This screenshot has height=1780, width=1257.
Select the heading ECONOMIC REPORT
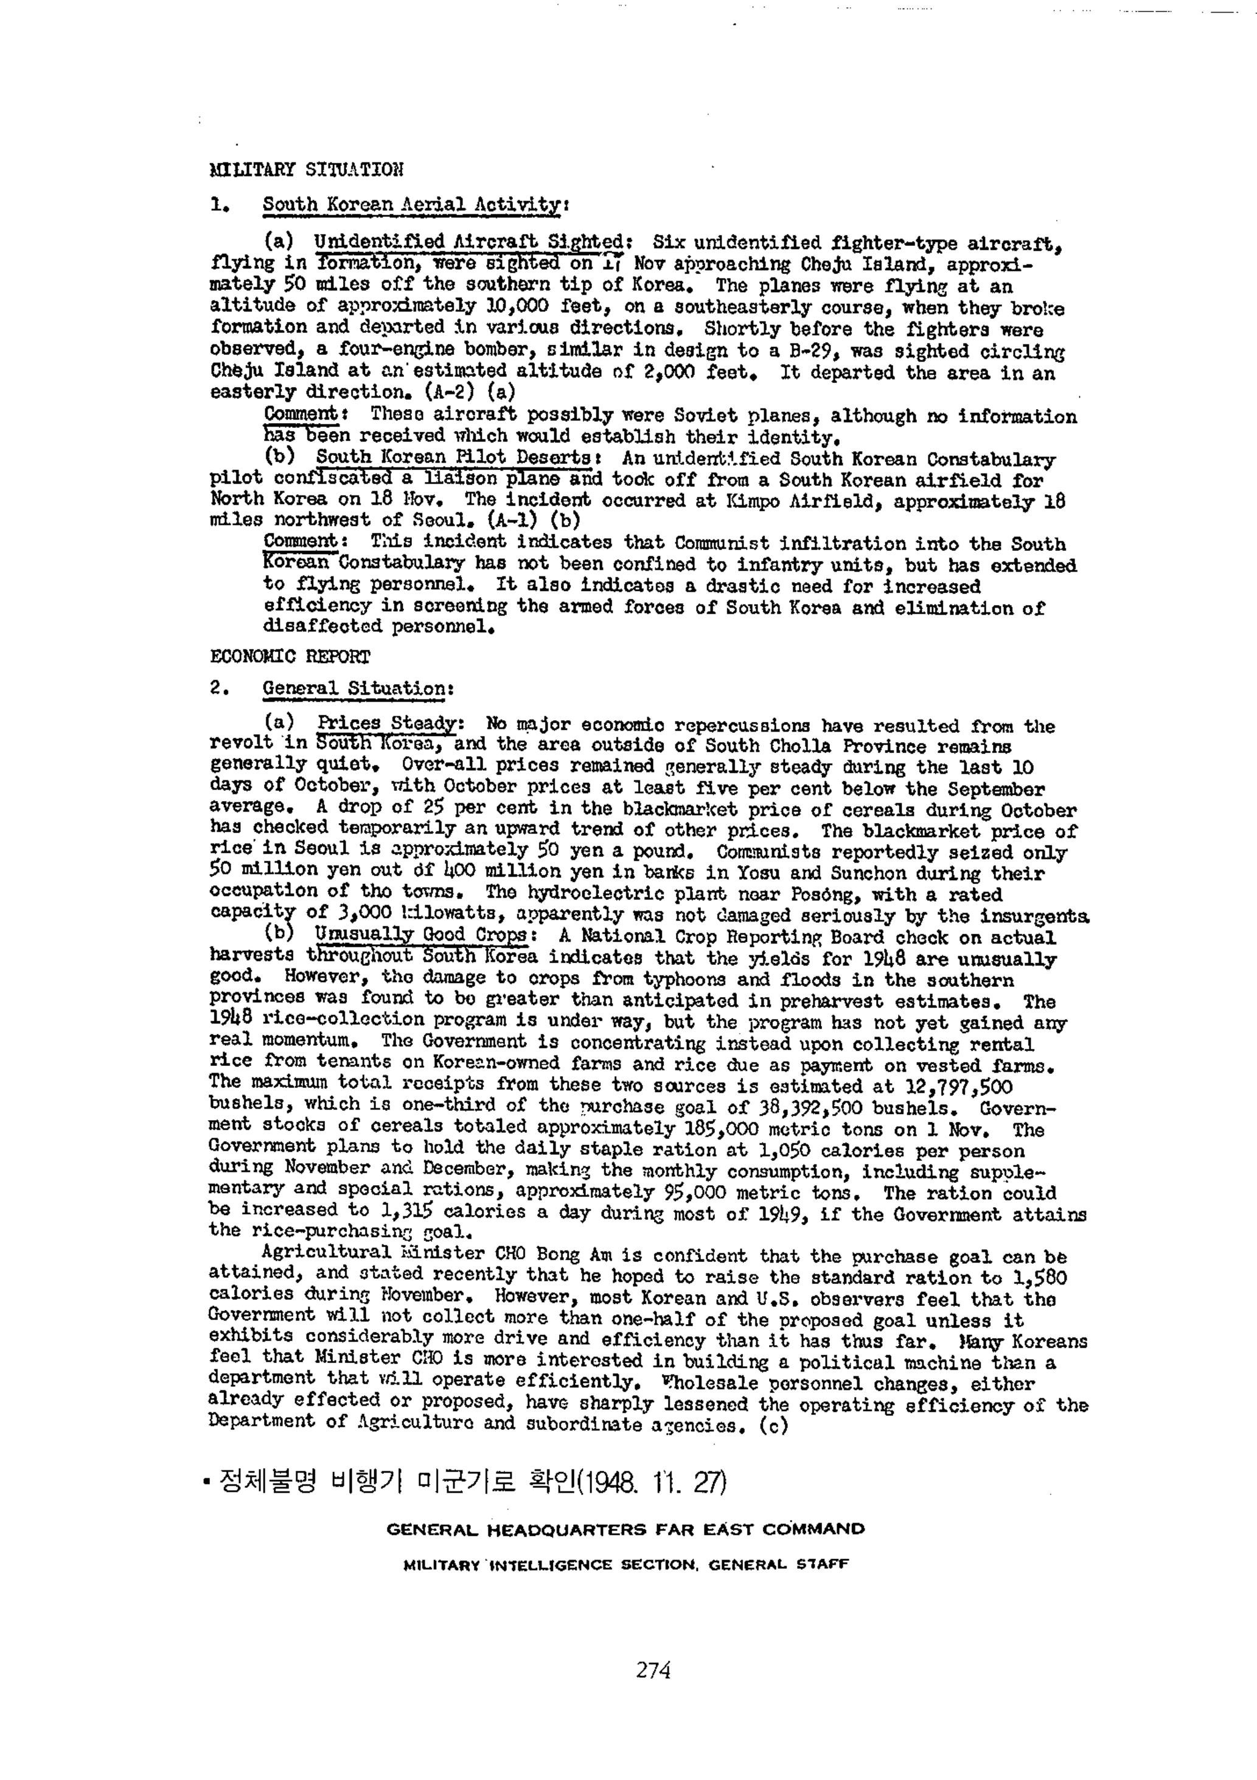[290, 657]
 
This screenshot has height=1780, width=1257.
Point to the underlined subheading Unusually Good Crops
[420, 936]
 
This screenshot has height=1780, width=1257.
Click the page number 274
[652, 1669]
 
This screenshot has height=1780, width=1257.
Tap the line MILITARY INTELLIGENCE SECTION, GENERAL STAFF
[626, 1565]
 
